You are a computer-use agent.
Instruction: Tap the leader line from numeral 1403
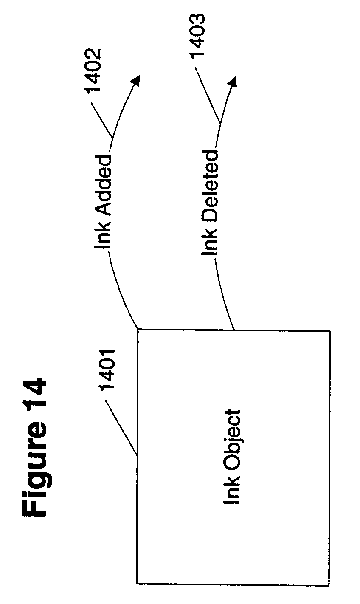[208, 89]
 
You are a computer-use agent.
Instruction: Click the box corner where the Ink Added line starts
[137, 330]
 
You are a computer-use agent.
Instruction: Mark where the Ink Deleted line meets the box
[233, 330]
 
